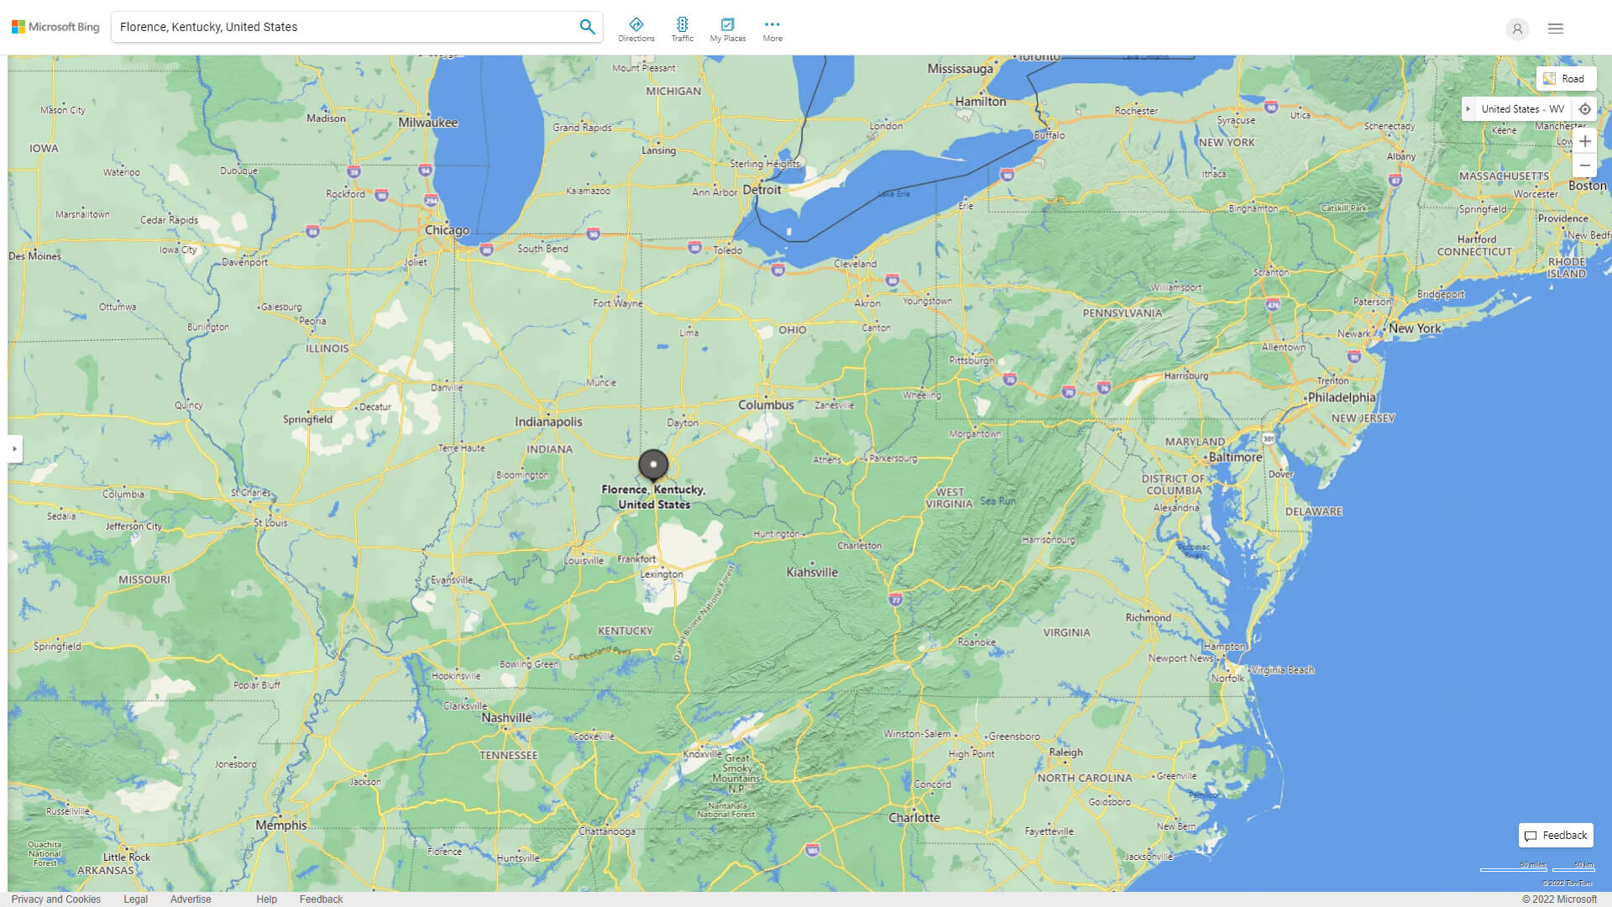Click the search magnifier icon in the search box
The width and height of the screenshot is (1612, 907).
(587, 27)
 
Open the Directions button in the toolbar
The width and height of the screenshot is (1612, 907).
(636, 29)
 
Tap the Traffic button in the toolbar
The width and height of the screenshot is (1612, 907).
(682, 29)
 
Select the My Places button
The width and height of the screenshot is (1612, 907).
(727, 29)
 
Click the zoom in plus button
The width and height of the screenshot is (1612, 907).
(1584, 141)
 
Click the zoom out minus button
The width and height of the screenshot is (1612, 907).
(1584, 165)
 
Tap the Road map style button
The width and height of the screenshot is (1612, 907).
(1565, 79)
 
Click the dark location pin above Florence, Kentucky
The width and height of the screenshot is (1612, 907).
(653, 464)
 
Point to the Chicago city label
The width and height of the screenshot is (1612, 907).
(447, 230)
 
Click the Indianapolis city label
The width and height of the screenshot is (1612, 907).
(548, 422)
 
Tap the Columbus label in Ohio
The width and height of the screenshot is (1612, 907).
(766, 405)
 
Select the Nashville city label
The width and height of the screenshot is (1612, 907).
(506, 718)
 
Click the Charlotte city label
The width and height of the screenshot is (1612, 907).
(914, 817)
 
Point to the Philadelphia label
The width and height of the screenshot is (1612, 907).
(1342, 397)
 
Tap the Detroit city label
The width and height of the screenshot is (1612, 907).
(762, 190)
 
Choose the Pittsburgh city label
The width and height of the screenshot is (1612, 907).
(971, 360)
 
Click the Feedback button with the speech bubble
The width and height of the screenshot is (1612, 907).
(1556, 836)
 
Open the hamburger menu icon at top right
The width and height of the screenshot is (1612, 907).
(1556, 29)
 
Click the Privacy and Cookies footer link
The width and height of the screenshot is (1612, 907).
(56, 899)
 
